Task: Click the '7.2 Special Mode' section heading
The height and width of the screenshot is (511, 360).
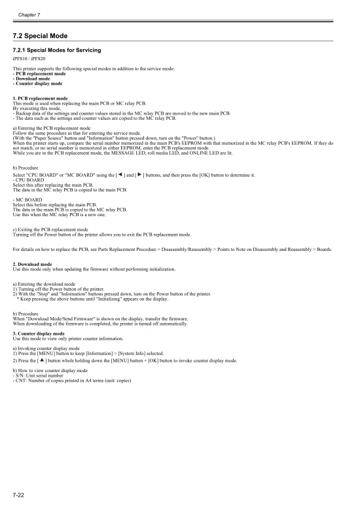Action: click(x=41, y=35)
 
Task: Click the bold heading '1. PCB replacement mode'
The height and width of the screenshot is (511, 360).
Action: click(x=41, y=98)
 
